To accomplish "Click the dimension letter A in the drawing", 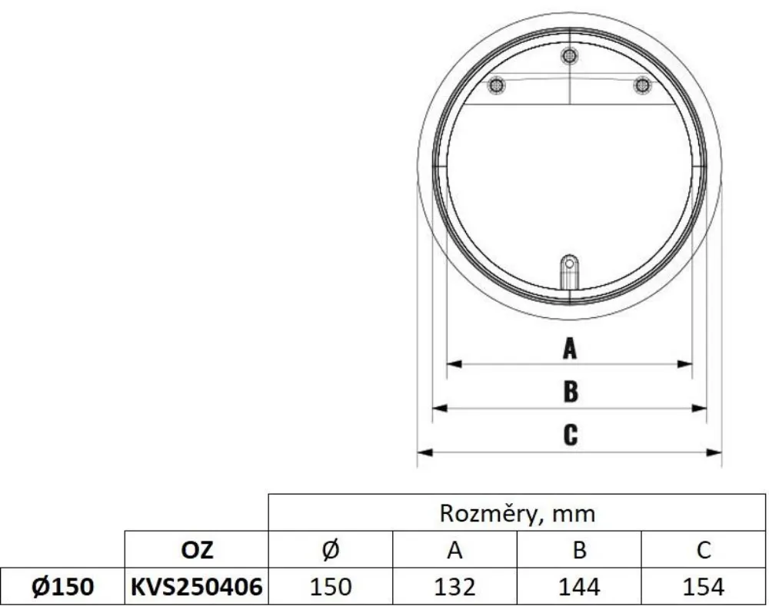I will (569, 349).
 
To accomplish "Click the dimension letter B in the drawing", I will (570, 392).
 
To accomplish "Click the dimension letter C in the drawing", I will (570, 435).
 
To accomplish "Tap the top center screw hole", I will (569, 55).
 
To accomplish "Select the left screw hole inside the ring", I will (498, 84).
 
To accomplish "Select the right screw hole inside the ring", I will (641, 84).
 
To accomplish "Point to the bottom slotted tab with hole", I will (569, 270).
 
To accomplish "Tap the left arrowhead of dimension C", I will (424, 452).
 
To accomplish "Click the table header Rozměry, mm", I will (517, 512).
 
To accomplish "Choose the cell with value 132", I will (454, 587).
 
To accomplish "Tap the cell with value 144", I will (579, 587).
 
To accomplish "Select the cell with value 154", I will (703, 587).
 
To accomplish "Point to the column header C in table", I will (703, 549).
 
